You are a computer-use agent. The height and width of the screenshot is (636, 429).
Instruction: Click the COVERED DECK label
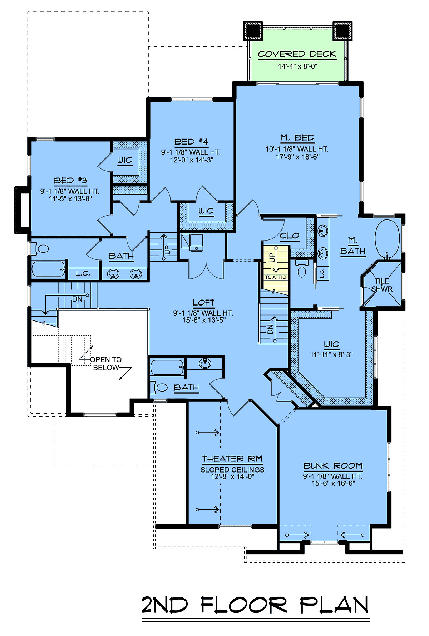[297, 54]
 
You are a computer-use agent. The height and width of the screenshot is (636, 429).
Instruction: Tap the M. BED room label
[297, 138]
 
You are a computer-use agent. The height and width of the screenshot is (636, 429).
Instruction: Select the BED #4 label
[191, 142]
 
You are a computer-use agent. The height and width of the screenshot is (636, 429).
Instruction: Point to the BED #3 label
[70, 181]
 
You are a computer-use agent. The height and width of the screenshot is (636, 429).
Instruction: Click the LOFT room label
[203, 303]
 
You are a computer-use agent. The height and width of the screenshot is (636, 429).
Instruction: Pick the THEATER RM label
[232, 459]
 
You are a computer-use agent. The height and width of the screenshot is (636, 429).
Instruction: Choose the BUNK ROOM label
[333, 466]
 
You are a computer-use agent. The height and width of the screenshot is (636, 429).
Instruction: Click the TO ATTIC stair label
[275, 277]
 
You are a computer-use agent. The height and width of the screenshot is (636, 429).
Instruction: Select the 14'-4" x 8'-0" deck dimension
[298, 66]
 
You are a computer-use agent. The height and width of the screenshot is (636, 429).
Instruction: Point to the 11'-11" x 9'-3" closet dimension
[331, 355]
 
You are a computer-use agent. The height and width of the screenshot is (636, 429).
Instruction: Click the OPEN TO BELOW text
[106, 364]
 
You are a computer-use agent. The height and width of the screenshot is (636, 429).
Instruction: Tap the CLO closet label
[290, 236]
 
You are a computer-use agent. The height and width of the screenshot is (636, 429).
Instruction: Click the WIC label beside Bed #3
[125, 160]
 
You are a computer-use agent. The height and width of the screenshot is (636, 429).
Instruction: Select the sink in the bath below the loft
[204, 364]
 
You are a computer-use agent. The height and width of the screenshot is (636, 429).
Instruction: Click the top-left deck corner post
[253, 31]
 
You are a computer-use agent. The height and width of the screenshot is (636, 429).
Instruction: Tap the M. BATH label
[352, 246]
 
